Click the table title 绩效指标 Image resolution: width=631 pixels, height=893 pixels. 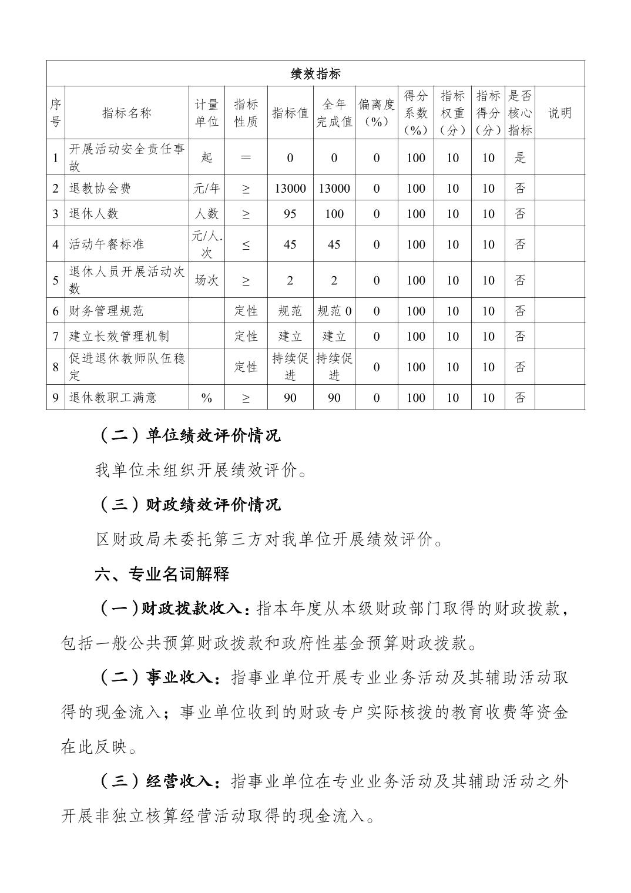coord(315,73)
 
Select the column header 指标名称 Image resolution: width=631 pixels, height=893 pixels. coord(127,113)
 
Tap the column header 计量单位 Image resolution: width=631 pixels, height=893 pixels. coord(206,113)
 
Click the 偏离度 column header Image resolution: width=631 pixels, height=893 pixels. coord(376,113)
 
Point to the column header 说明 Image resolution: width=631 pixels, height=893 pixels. coord(559,113)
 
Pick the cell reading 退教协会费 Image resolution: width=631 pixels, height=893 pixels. coord(100,188)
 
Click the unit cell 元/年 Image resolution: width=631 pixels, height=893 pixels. coord(206,188)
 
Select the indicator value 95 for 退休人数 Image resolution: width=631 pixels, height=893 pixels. coord(290,214)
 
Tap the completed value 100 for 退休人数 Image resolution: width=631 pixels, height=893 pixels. coord(334,214)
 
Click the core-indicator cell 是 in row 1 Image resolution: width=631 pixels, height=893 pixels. coord(519,157)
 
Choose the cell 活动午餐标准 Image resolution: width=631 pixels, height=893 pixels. coord(106,244)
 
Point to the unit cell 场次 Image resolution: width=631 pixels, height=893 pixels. coord(206,280)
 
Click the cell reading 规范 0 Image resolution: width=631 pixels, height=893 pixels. coord(334,311)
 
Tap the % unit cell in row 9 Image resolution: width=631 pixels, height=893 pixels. coord(206,398)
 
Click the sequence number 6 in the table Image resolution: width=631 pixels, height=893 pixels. coord(56,311)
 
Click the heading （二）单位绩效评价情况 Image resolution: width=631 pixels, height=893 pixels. coord(188,435)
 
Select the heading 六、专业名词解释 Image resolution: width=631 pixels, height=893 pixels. coord(162,574)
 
